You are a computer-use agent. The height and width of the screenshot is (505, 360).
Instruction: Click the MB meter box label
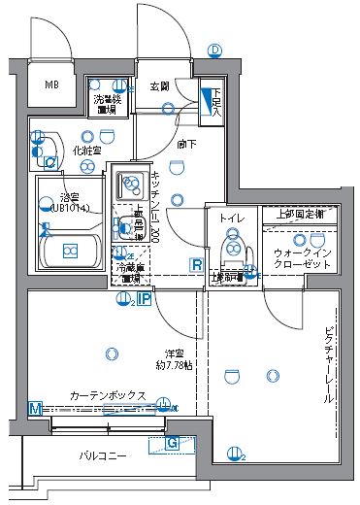(x=51, y=84)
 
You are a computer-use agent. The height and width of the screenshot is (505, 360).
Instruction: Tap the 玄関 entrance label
(x=160, y=86)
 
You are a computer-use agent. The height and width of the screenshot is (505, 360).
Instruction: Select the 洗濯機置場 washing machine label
(x=106, y=104)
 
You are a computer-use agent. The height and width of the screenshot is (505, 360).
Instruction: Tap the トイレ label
(x=232, y=219)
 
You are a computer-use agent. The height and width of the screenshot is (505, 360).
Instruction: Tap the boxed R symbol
(x=196, y=264)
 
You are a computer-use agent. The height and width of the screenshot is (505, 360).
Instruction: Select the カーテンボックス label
(x=107, y=396)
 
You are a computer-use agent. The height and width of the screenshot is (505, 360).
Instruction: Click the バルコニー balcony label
(x=102, y=454)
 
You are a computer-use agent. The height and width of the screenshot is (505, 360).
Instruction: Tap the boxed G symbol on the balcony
(x=173, y=445)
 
